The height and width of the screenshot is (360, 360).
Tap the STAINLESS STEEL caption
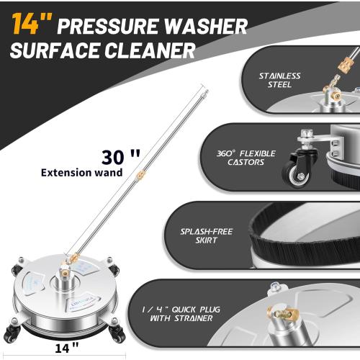279,80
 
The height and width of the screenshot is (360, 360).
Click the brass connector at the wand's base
72,257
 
